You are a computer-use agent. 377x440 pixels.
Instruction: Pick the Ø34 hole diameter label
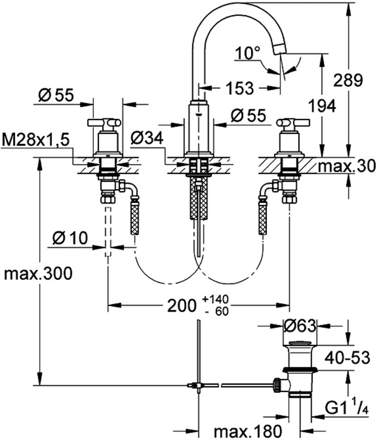pos(148,137)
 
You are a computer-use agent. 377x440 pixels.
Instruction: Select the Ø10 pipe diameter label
pos(70,238)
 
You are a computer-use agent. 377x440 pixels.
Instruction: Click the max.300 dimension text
pos(38,274)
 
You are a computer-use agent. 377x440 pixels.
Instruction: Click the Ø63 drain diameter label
pos(300,326)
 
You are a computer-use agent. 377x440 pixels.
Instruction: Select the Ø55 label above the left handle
pos(56,95)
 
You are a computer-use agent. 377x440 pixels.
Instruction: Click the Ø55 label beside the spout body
pos(249,115)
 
